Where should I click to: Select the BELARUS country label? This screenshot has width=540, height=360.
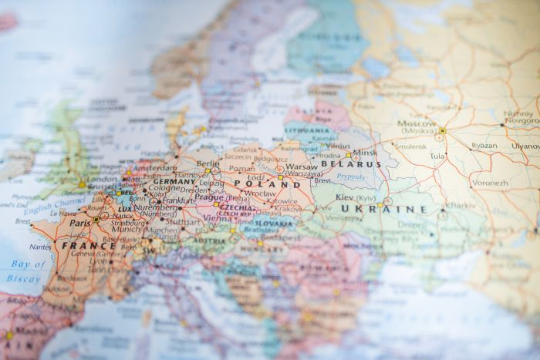coord(341,163)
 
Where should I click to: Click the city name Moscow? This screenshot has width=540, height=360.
coord(417,123)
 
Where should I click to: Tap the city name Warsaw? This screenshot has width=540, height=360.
coord(302,166)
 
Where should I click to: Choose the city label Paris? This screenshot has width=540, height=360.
coord(79,223)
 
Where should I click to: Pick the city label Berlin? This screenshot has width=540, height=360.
coord(208,163)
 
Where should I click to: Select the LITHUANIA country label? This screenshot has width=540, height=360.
coord(309,132)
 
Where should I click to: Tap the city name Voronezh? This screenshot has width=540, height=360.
coord(489,183)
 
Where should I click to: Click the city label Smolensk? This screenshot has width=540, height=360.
coord(410,146)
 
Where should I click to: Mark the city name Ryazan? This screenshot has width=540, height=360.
coord(484,145)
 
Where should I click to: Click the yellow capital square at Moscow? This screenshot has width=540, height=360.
coord(442,131)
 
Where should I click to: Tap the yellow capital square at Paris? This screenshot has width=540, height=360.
coord(96,220)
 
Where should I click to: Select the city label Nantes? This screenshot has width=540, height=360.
coord(41,247)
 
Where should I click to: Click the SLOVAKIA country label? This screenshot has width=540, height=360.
coord(274,224)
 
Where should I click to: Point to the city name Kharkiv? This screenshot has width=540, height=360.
coord(461,206)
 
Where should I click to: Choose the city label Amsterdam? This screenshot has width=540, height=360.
coord(154,167)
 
